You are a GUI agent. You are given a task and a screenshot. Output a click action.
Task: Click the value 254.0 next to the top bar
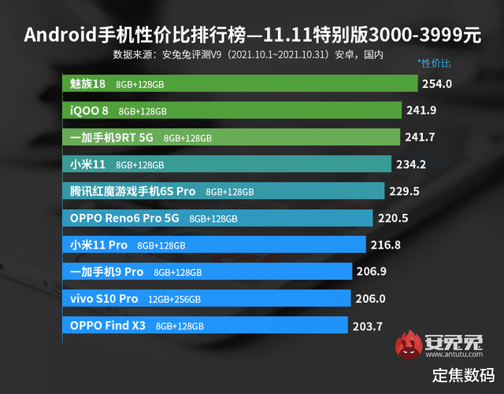(x=437, y=83)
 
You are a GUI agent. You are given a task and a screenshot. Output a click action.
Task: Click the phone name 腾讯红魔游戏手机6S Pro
(x=132, y=191)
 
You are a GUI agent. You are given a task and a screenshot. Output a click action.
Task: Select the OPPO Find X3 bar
(x=205, y=325)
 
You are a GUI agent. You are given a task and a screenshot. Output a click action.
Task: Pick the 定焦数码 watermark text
(x=463, y=374)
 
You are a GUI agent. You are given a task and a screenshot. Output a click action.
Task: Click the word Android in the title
(x=57, y=35)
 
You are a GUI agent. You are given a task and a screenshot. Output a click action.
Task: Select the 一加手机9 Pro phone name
(x=106, y=272)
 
